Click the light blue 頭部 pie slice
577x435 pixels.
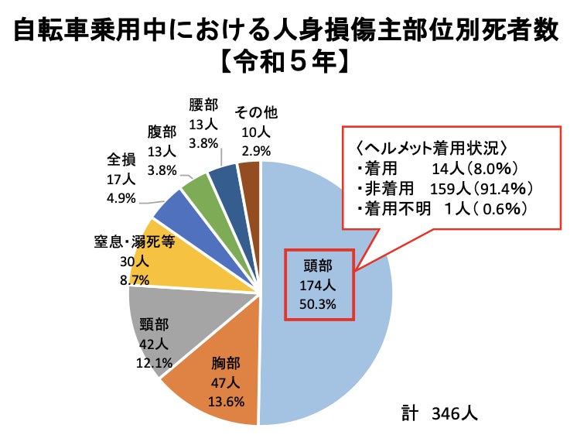pos(340,348)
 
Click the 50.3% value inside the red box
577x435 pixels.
pos(319,304)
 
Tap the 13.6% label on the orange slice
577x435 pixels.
pos(227,400)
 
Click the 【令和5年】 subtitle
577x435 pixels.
pos(288,61)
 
